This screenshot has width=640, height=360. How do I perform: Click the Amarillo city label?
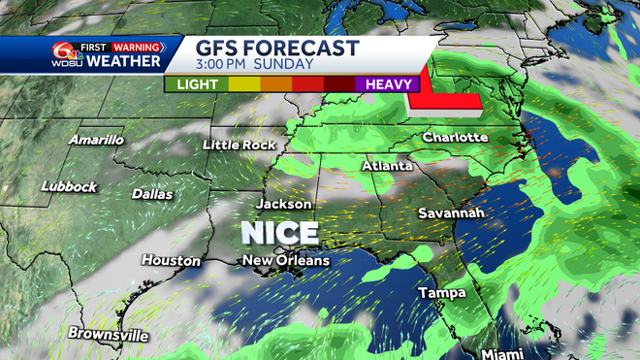pos(96,140)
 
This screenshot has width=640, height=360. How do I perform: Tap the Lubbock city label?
pos(70,186)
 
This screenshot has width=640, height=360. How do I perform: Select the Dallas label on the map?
pos(152,194)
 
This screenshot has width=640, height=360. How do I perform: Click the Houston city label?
pos(172,260)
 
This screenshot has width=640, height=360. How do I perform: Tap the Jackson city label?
pos(284,204)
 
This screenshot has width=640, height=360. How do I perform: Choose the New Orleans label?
pos(286,260)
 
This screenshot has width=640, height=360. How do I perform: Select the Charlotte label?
pos(455,137)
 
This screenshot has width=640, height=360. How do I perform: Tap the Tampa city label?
pos(442,292)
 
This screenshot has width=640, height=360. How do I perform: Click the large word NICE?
pos(279,233)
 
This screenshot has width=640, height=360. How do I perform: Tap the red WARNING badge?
pos(136,45)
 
